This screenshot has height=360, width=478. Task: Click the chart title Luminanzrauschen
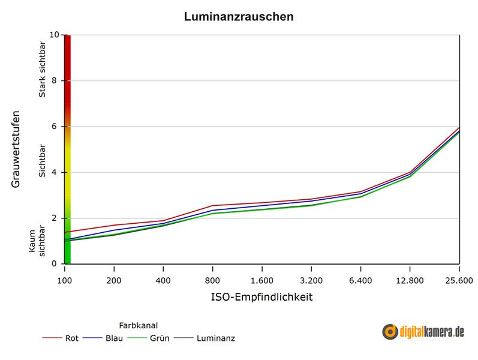click(x=239, y=17)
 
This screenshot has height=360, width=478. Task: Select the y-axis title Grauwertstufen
click(x=16, y=148)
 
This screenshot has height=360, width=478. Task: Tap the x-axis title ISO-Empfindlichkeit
click(x=261, y=297)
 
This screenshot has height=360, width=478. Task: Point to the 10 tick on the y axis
click(x=55, y=35)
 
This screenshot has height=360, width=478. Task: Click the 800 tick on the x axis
click(x=212, y=280)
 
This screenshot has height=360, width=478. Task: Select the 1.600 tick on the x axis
click(x=261, y=280)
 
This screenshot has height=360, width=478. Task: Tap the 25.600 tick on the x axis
click(x=459, y=280)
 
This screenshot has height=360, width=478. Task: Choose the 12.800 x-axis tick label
click(x=410, y=280)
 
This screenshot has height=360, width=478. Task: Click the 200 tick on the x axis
click(x=113, y=280)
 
